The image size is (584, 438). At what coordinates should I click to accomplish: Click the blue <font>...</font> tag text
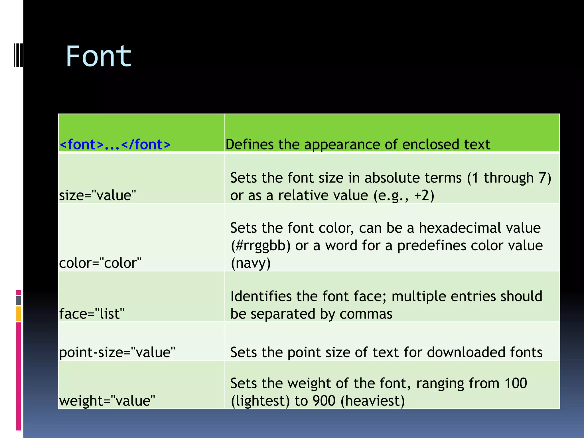coord(115,144)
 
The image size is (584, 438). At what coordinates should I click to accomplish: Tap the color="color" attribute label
coord(100,263)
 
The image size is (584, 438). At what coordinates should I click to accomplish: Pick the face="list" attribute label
coord(92,314)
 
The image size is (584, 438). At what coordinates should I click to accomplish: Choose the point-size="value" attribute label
coord(117,352)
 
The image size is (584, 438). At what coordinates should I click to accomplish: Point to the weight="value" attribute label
coord(107,401)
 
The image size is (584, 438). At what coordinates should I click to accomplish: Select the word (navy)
coord(250,263)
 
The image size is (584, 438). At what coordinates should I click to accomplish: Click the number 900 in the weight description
coord(324,401)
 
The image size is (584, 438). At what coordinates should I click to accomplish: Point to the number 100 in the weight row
coord(515,383)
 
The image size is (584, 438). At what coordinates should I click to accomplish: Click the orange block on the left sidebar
coord(19,314)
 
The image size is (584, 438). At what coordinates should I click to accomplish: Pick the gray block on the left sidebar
coord(19,300)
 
